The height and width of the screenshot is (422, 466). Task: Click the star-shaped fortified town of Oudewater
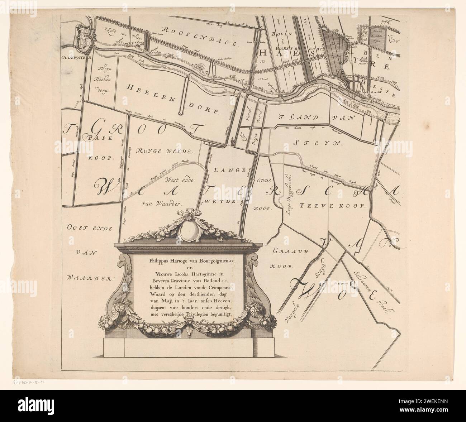coord(83,37)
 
